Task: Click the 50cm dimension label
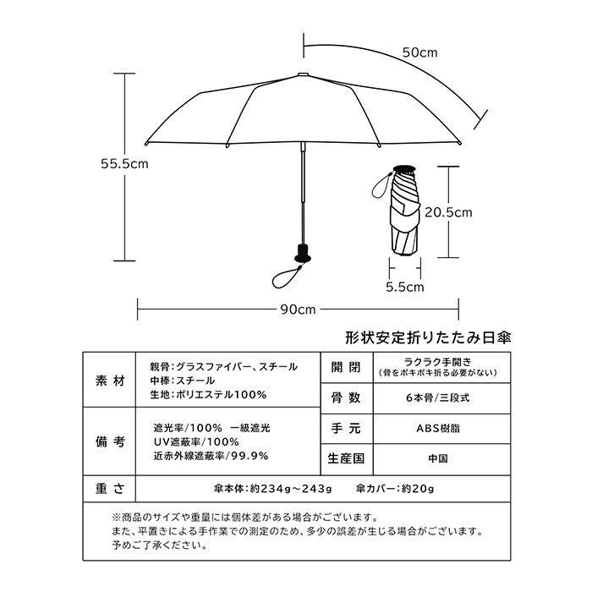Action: (x=419, y=52)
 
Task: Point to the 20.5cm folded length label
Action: (x=447, y=211)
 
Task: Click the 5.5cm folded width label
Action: (x=404, y=286)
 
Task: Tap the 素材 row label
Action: (x=110, y=380)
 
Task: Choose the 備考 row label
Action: (x=110, y=441)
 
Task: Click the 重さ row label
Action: (x=110, y=489)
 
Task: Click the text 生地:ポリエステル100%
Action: (x=208, y=394)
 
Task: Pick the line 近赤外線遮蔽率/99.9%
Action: (x=211, y=455)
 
